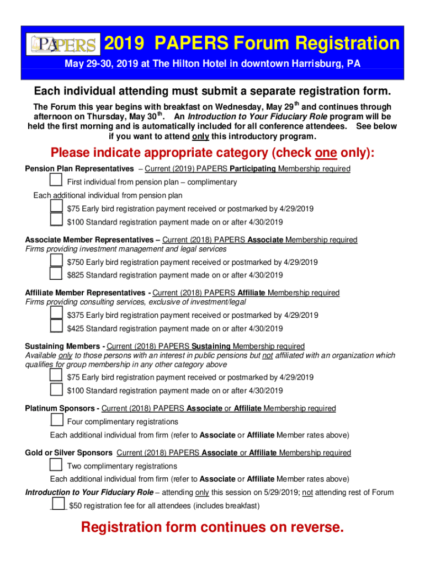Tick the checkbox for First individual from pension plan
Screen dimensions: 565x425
click(x=56, y=181)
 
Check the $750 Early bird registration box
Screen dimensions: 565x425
click(x=56, y=262)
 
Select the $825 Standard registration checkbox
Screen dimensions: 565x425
click(x=56, y=274)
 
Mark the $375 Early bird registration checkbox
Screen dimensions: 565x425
click(x=56, y=315)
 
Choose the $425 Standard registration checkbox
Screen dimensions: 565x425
click(x=56, y=328)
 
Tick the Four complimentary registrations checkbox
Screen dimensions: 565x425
click(x=56, y=421)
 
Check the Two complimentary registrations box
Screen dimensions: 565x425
click(x=56, y=465)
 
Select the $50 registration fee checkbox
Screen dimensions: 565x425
click(x=58, y=505)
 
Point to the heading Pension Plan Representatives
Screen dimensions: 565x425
click(x=79, y=168)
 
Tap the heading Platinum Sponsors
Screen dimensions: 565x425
click(x=62, y=408)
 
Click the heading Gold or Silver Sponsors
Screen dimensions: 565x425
click(x=68, y=453)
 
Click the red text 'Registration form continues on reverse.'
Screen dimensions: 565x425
click(x=212, y=527)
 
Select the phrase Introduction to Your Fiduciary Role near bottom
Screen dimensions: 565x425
click(x=89, y=492)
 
